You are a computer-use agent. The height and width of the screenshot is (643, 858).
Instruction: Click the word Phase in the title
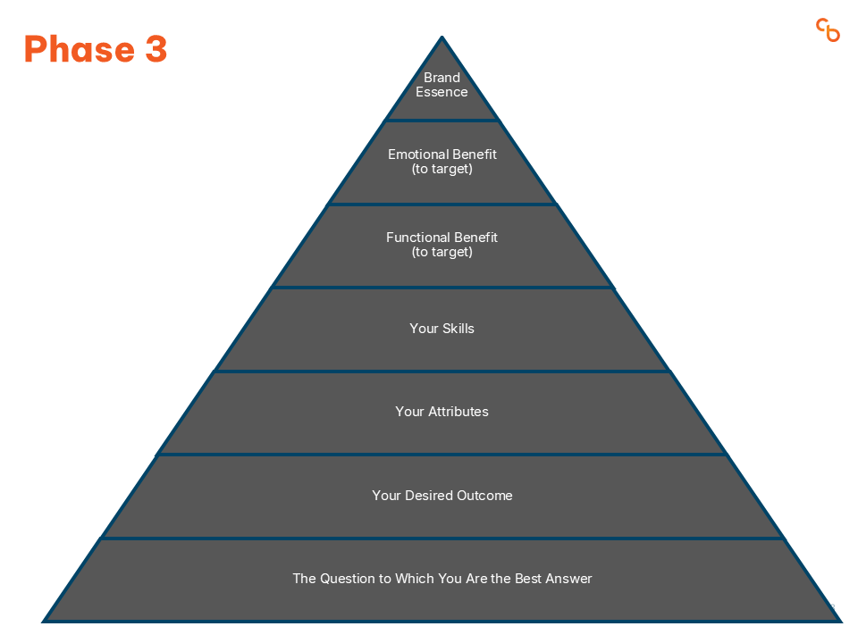click(80, 49)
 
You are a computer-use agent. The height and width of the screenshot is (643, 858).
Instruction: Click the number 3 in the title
click(156, 48)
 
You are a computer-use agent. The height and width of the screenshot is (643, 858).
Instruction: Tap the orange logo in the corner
click(828, 30)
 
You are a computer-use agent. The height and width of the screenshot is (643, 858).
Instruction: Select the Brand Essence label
click(442, 85)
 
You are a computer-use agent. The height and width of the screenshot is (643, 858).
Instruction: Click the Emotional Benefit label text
click(442, 162)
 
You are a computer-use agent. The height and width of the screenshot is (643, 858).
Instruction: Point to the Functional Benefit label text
click(442, 245)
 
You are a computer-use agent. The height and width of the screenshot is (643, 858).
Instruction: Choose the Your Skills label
click(442, 328)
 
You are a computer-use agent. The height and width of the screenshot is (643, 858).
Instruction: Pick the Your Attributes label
click(442, 411)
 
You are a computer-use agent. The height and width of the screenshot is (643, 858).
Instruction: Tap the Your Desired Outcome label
click(442, 496)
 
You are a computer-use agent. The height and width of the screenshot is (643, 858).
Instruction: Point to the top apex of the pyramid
click(442, 36)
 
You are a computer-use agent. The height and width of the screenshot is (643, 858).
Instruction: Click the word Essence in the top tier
click(442, 92)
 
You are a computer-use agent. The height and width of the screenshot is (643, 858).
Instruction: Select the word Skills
click(458, 328)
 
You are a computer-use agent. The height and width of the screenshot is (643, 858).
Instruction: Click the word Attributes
click(458, 411)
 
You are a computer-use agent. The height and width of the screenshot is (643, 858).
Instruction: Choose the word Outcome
click(484, 496)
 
